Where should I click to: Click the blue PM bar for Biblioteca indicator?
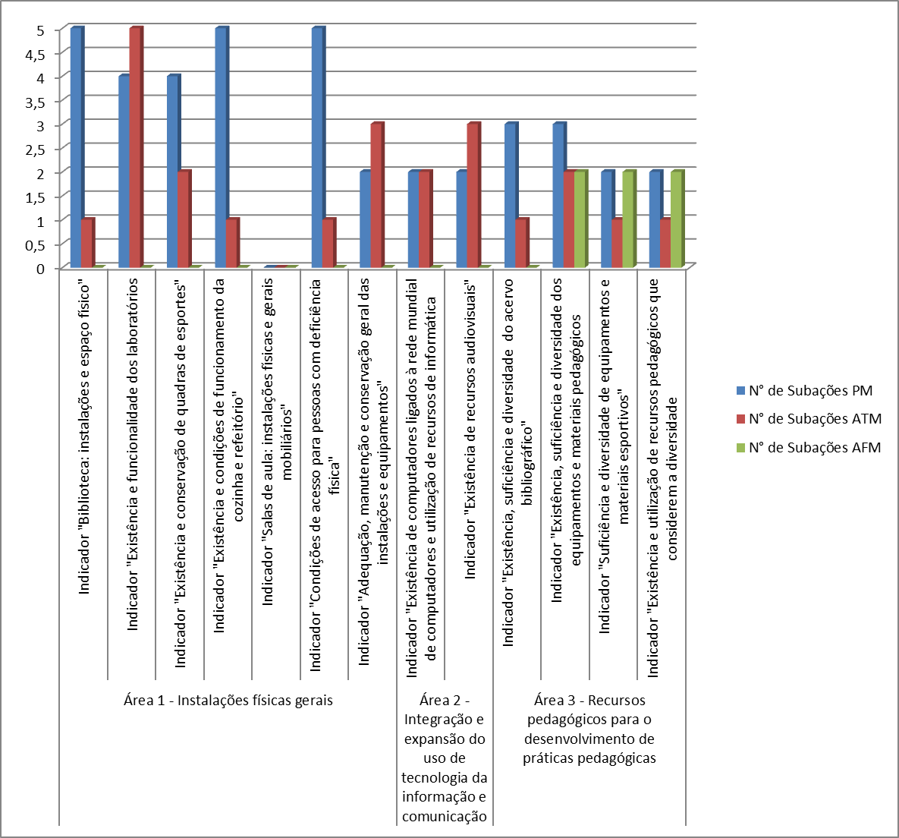(x=76, y=148)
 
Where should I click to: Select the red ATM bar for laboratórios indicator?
(x=135, y=148)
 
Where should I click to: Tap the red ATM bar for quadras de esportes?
(x=184, y=219)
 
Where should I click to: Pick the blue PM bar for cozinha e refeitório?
(x=221, y=148)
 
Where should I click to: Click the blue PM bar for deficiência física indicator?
(x=317, y=148)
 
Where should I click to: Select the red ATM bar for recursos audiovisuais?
(x=473, y=195)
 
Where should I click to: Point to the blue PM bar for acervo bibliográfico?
(x=511, y=195)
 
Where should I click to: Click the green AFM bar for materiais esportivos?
(x=628, y=219)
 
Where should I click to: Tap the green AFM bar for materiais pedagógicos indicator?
(x=580, y=219)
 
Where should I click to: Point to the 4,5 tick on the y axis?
(x=37, y=54)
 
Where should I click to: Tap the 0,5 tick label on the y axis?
(x=37, y=244)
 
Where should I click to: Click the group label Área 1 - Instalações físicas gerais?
(x=228, y=701)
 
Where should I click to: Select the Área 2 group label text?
(x=444, y=758)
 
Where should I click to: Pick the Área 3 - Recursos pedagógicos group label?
(x=589, y=729)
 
